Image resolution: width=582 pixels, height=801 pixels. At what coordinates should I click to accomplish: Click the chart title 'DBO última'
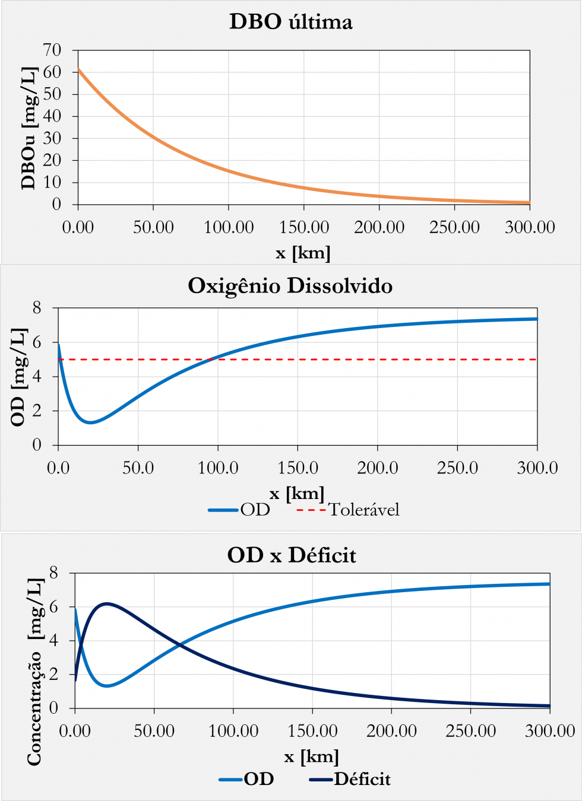click(290, 22)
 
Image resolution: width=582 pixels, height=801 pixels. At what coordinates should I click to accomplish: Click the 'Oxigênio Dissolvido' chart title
click(290, 286)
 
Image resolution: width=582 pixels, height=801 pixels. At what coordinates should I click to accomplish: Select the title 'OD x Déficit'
click(292, 555)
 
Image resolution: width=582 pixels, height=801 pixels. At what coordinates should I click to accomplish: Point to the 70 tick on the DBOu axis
click(52, 50)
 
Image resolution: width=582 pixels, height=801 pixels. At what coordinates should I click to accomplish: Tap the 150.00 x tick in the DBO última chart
click(304, 227)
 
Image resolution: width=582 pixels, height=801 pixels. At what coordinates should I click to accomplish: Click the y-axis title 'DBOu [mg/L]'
click(29, 128)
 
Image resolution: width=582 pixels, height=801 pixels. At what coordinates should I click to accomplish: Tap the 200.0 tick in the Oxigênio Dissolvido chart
click(378, 468)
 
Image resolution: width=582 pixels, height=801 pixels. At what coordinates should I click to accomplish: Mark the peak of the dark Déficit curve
click(106, 603)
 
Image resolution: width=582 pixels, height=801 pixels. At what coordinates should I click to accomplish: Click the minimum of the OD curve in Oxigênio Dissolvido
click(91, 422)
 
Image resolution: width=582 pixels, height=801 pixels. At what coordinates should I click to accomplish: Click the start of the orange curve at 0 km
click(78, 69)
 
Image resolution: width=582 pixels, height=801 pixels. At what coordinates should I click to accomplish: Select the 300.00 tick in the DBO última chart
click(530, 227)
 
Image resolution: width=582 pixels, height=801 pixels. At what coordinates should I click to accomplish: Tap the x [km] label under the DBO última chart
click(303, 253)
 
